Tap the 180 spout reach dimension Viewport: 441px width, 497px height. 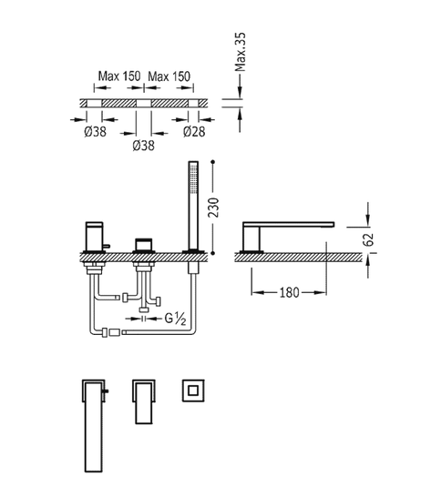point(289,292)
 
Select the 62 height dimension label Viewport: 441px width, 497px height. point(369,239)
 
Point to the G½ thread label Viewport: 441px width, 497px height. point(175,319)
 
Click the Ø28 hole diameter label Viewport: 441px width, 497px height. point(194,131)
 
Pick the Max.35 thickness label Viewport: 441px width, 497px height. point(241,52)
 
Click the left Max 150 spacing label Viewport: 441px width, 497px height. point(119,76)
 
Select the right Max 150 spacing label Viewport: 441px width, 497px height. point(169,76)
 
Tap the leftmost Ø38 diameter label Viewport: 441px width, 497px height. point(95,131)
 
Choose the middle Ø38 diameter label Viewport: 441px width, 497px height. point(143,146)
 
